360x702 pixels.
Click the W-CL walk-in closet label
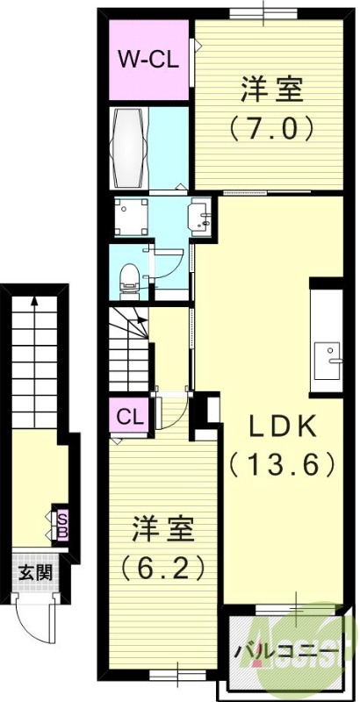click(150, 61)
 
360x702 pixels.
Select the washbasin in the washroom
click(199, 217)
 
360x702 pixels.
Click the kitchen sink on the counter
click(334, 355)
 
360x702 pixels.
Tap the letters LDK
click(281, 426)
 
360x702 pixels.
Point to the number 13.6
click(282, 462)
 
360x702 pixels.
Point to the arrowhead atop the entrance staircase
click(34, 301)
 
